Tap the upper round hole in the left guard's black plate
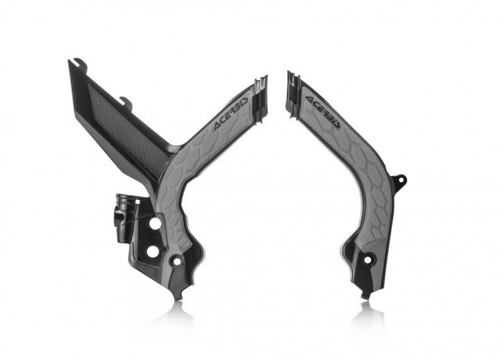point(153,223)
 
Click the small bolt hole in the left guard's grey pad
point(178,260)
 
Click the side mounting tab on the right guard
point(399,181)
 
